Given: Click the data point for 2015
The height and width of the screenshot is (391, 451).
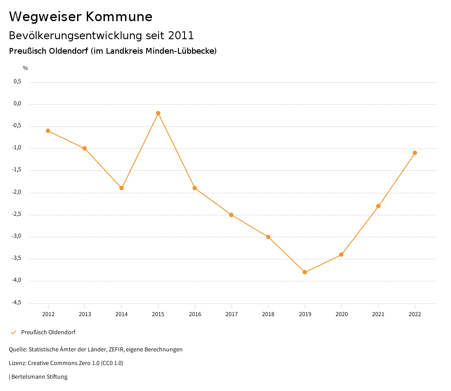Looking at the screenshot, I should click(x=158, y=113).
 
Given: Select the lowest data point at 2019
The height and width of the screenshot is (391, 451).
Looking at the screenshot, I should click(x=305, y=272).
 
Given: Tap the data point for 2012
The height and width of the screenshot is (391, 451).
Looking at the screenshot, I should click(x=48, y=131).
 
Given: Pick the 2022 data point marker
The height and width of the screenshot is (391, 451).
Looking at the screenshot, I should click(x=415, y=153).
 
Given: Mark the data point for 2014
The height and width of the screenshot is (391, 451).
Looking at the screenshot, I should click(x=122, y=188).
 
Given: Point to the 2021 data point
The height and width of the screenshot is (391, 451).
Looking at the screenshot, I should click(x=378, y=206).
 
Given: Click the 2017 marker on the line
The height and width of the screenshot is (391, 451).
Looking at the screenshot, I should click(x=231, y=215).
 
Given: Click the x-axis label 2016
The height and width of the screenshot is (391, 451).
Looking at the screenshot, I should click(x=195, y=314).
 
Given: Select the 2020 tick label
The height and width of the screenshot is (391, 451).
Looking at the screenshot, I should click(x=342, y=314).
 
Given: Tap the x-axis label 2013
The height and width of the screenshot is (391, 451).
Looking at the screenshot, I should click(x=85, y=314).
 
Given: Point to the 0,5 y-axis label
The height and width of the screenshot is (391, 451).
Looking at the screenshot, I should click(x=18, y=82).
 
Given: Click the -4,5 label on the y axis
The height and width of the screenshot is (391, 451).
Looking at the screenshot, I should click(x=16, y=303).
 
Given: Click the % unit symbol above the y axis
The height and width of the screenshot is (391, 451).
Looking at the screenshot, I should click(x=26, y=68).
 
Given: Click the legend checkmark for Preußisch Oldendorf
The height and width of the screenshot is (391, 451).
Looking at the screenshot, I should click(x=13, y=332).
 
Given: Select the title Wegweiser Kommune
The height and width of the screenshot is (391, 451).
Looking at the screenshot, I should click(x=81, y=17).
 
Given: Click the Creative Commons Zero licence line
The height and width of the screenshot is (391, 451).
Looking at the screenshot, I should click(x=66, y=363).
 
